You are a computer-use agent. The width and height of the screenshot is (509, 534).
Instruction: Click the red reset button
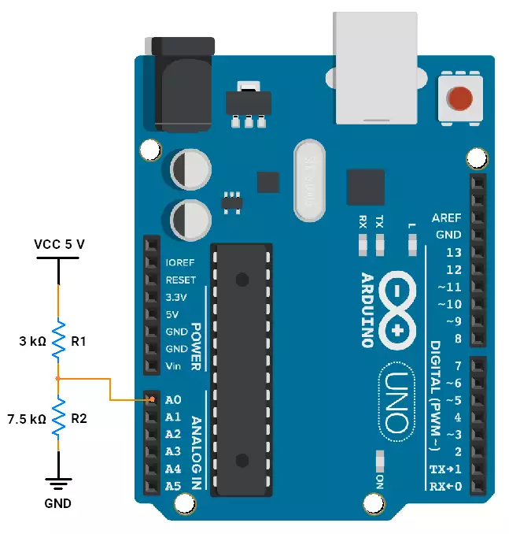coord(459,98)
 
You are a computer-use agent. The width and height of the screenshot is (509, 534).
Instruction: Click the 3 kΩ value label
coord(32,341)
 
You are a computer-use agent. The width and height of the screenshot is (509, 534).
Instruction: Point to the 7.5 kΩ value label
coord(27,419)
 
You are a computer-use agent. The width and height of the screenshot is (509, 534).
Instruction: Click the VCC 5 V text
coord(59,244)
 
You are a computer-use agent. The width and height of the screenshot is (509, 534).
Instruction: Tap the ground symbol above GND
coord(58,484)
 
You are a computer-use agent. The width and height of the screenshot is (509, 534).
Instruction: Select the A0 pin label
coord(173,399)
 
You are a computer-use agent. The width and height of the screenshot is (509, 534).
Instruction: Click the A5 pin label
coord(173,486)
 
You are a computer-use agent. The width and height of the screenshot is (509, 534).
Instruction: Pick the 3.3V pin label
coord(176,297)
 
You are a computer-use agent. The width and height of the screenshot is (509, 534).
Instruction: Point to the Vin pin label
coord(173,366)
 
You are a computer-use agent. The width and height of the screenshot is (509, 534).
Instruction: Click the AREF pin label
coord(446,217)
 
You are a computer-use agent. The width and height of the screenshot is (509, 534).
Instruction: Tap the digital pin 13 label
coord(454,252)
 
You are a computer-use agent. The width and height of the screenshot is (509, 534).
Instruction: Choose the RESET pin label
coord(181,280)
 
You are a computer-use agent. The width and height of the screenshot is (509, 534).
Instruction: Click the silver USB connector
coord(375,68)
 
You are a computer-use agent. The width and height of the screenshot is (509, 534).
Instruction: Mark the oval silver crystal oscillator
coord(309,180)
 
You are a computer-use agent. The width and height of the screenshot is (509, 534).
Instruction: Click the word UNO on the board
coord(397,402)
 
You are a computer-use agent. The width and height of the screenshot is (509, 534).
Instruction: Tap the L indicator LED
coord(412,244)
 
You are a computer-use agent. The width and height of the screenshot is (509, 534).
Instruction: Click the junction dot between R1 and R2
coord(58,378)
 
